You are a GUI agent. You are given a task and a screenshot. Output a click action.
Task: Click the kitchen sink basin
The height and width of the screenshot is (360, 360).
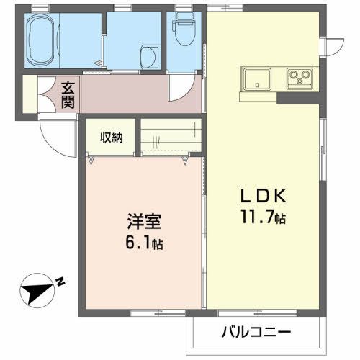(x=256, y=76)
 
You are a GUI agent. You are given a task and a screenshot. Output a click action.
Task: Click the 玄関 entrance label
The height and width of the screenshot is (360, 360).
(x=68, y=94)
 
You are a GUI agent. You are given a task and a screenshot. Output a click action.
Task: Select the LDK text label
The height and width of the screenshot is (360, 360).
(x=264, y=195)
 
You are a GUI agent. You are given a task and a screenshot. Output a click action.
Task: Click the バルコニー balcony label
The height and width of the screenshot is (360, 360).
(x=256, y=332)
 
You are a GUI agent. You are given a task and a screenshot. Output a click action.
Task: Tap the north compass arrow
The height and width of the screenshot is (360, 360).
(x=36, y=290)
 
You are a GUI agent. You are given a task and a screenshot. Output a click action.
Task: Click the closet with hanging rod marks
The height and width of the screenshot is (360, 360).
(x=168, y=136)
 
